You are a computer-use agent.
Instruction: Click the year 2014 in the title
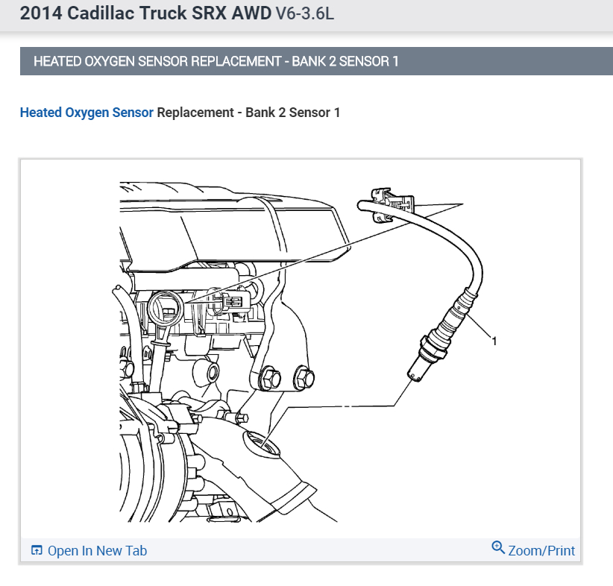pos(39,14)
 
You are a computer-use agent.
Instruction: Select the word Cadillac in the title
pos(98,14)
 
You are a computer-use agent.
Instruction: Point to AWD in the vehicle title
pos(250,14)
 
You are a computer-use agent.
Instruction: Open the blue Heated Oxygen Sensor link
pos(87,113)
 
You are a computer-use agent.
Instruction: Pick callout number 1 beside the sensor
pos(494,341)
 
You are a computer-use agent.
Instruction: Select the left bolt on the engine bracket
pos(269,379)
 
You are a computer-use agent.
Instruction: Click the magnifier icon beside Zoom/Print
pos(498,548)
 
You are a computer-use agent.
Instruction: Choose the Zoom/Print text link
pos(541,551)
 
